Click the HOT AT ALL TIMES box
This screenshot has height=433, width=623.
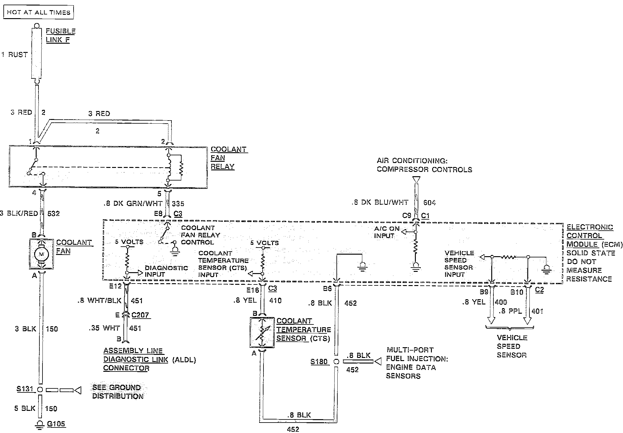coord(38,12)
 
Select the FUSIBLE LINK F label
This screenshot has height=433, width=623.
coord(60,35)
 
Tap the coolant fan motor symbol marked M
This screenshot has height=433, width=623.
coord(42,254)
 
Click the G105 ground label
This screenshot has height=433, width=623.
coord(56,424)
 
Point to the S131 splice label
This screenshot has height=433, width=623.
coord(25,389)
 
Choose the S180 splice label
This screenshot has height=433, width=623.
coord(319,361)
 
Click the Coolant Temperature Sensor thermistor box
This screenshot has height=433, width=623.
coord(262,333)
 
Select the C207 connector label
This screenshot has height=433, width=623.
coord(140,315)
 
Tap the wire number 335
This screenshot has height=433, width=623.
coord(178,204)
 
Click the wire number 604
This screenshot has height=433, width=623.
coord(429,202)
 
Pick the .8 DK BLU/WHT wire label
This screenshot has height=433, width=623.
coord(380,202)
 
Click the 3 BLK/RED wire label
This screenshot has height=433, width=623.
coord(19,213)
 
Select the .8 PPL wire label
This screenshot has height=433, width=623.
coord(510,311)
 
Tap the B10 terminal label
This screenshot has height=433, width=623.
coord(517,292)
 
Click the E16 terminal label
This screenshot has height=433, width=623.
coord(253,290)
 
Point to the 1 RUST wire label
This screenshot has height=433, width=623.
coord(14,54)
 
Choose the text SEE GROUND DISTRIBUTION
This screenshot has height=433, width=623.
coord(118,391)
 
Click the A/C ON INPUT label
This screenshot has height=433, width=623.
coord(387,232)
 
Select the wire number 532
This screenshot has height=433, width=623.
coord(54,213)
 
